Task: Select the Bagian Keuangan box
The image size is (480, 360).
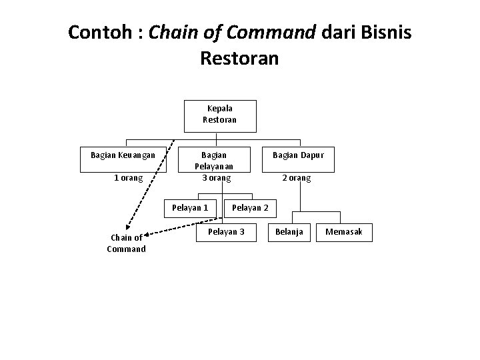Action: point(123,155)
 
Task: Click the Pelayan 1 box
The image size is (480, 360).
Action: point(190,207)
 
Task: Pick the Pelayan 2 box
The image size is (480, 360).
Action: point(249,207)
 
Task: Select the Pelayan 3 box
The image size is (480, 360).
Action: point(227,232)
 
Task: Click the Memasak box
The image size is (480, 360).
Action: point(343,232)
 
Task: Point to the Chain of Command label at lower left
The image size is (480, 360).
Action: point(126,243)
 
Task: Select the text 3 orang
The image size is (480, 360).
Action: point(217,178)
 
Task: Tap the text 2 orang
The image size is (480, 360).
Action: point(296,179)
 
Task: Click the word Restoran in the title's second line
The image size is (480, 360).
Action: point(239,58)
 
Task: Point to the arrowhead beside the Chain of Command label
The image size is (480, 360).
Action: point(148,233)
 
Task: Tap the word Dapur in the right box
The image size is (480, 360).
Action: point(311,155)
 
